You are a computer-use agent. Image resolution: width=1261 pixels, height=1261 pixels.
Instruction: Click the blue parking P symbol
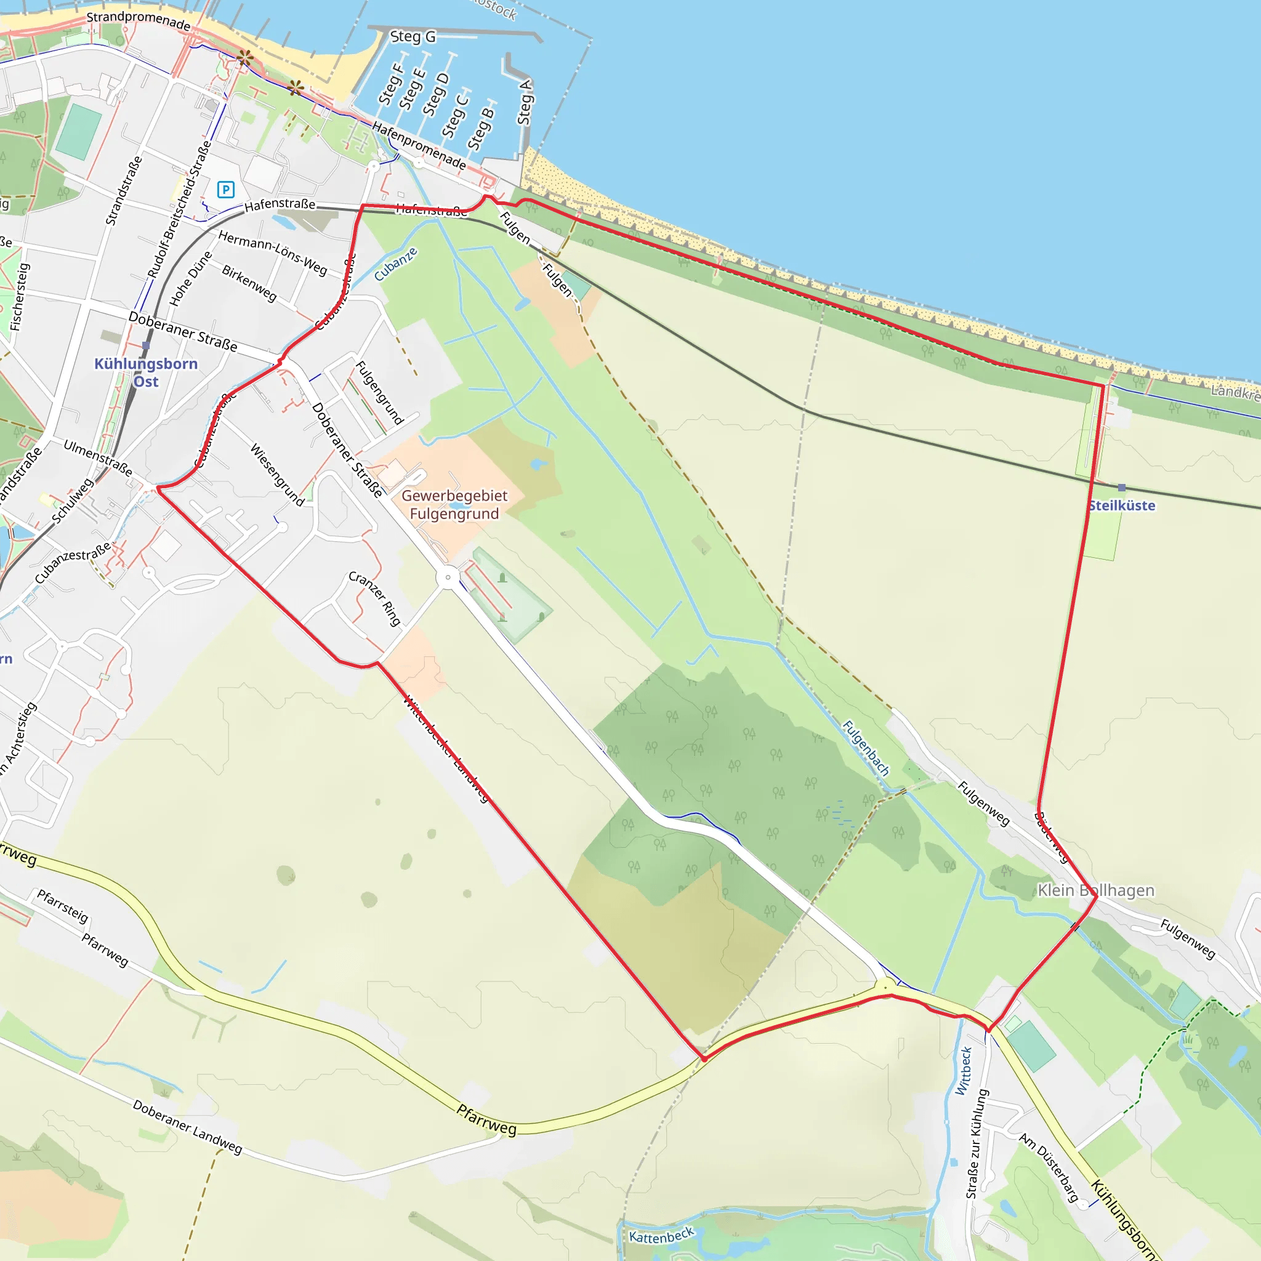pos(226,190)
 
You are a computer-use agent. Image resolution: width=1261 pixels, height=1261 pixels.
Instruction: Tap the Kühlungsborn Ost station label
pos(145,372)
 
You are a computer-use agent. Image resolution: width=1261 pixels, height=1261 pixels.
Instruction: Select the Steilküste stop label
pos(1121,505)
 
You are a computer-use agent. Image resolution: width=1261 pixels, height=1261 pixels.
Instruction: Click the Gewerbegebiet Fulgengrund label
pos(454,504)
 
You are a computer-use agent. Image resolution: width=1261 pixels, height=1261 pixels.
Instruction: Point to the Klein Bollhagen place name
pos(1096,890)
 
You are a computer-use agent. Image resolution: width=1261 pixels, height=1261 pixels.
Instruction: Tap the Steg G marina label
pos(413,36)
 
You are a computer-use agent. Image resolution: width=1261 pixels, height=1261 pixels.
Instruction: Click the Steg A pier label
pos(525,102)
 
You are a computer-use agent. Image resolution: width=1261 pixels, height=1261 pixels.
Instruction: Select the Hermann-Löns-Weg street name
pos(272,252)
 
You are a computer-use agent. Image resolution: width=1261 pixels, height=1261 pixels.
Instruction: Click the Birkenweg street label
pos(249,283)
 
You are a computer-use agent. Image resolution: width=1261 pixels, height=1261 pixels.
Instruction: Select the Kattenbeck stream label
pos(661,1236)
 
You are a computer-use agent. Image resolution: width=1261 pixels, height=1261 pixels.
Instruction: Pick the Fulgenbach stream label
pos(866,748)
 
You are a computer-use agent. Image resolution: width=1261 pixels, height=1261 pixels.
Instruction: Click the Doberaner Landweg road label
pos(187,1127)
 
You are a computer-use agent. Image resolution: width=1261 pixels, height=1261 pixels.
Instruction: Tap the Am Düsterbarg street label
pos(1049,1167)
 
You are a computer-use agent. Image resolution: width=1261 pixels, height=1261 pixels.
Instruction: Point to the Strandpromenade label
pos(139,20)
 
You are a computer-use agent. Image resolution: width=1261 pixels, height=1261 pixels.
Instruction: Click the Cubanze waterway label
pos(395,264)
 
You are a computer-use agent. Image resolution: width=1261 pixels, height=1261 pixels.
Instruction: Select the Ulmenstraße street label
pos(98,457)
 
